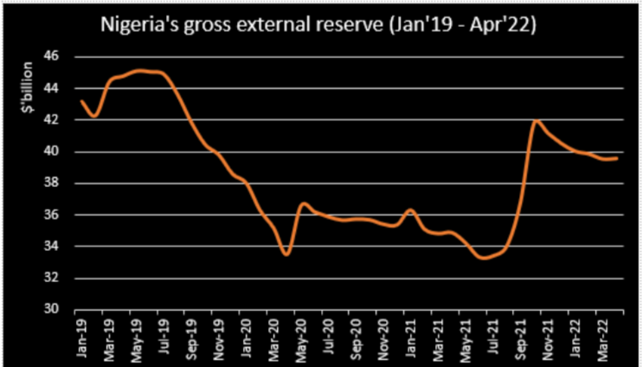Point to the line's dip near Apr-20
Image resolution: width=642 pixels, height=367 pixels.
pos(286,254)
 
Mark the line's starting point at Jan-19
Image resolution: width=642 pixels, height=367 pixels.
pos(80,101)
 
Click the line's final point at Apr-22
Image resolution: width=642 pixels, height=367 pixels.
pos(616,158)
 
